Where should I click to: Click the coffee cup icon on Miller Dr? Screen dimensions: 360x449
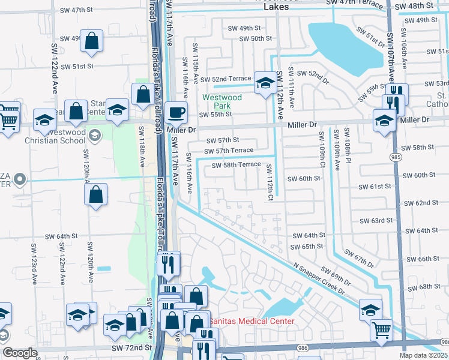[176, 112]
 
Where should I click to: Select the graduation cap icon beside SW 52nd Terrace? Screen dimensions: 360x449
[265, 83]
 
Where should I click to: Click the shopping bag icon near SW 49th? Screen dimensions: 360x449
[92, 42]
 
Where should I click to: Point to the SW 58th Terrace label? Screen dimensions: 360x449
[236, 164]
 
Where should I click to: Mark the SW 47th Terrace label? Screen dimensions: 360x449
[354, 3]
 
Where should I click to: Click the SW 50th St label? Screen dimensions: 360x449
[256, 38]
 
